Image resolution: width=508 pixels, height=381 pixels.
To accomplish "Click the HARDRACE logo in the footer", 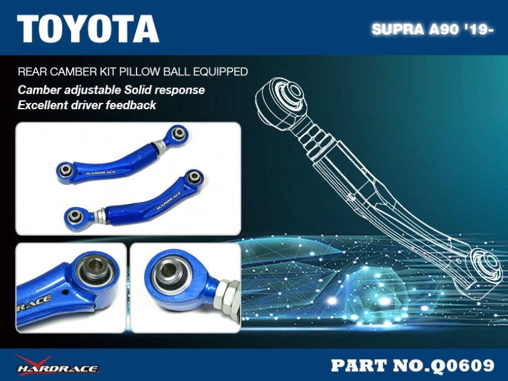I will (57, 365).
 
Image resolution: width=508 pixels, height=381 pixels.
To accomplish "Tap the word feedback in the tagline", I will (133, 105).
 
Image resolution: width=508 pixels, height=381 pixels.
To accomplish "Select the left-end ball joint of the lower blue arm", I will (73, 215).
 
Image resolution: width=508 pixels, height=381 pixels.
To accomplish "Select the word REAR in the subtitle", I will (29, 72).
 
